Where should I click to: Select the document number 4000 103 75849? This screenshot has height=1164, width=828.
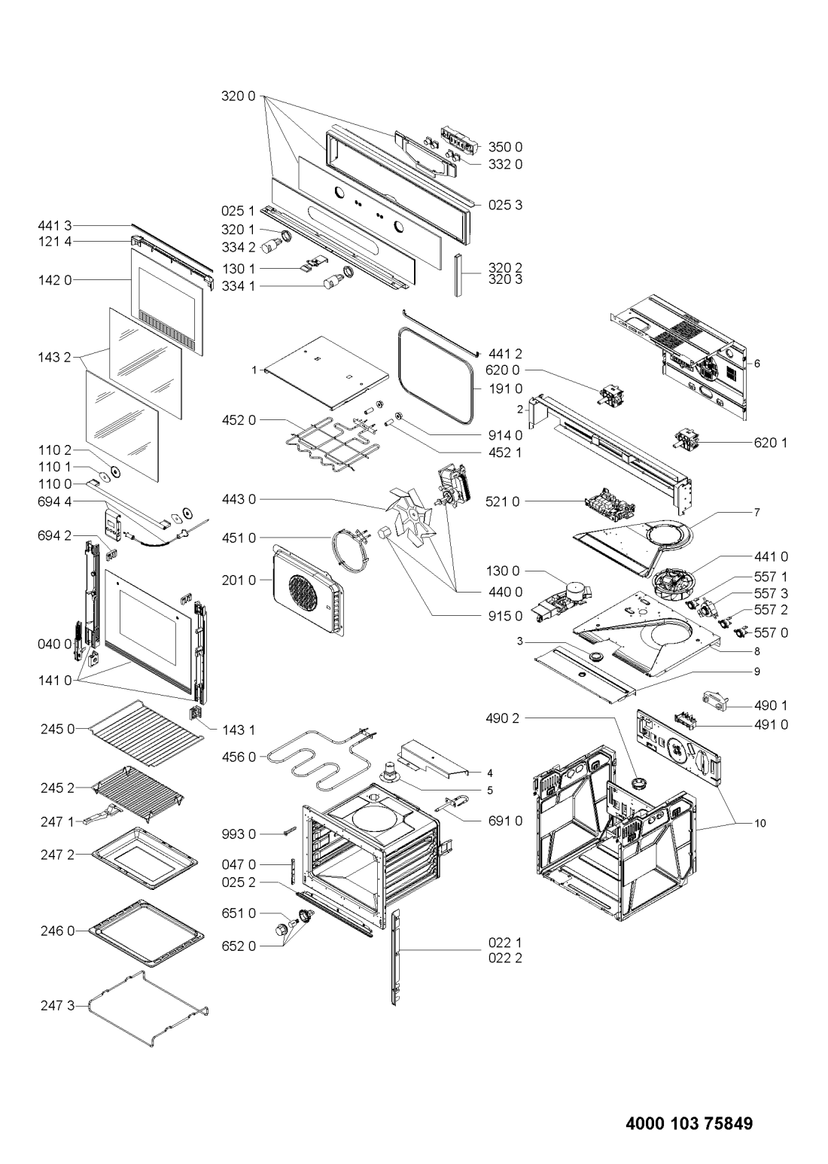click(x=689, y=1124)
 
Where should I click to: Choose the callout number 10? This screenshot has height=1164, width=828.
click(x=760, y=824)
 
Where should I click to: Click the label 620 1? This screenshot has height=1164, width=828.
click(x=772, y=443)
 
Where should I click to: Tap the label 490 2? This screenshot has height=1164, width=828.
click(x=504, y=718)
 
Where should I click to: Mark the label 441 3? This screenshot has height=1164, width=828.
click(x=56, y=224)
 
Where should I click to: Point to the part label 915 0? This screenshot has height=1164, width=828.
click(x=507, y=616)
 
